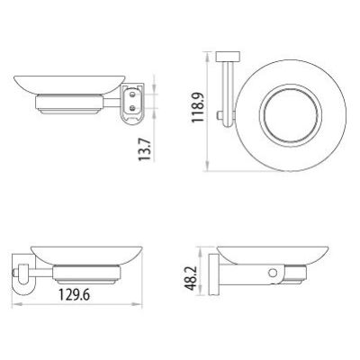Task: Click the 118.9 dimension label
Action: point(198,107)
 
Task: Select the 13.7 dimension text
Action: point(144,149)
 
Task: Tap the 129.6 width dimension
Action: point(74,295)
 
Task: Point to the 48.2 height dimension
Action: point(191,278)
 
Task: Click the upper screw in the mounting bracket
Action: point(132,94)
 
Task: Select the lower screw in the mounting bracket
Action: point(132,108)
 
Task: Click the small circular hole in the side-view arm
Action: point(273,273)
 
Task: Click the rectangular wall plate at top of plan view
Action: point(228,57)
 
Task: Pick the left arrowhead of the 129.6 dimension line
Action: point(15,304)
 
